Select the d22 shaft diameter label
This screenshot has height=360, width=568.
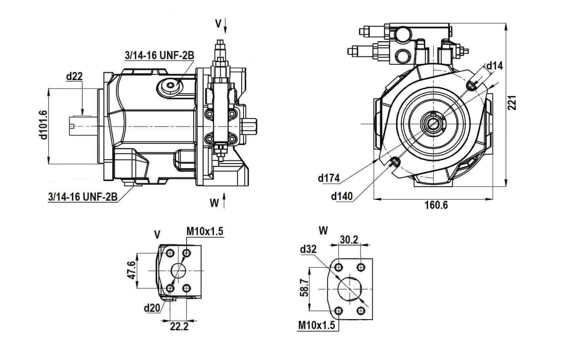tap(74, 76)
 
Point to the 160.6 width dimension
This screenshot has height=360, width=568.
tap(436, 205)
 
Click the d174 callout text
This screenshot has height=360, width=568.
tap(328, 178)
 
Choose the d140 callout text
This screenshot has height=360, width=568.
tap(342, 196)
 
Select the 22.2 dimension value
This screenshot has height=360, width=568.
tap(179, 327)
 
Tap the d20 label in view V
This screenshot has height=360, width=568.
tap(152, 308)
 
